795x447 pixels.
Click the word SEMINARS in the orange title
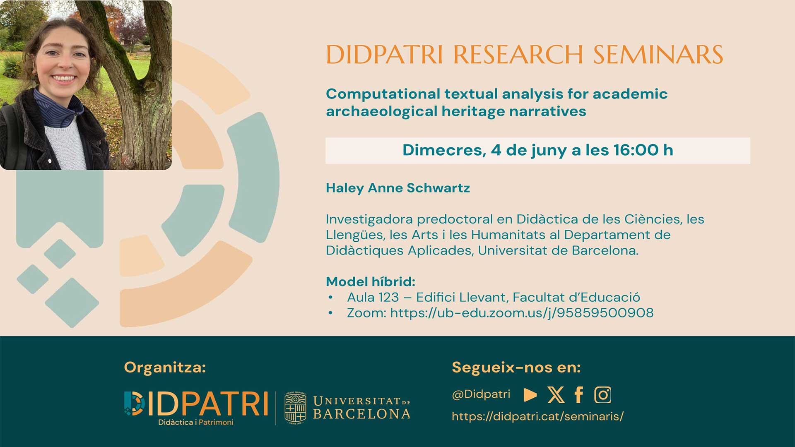point(658,55)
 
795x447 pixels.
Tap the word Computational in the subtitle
point(383,94)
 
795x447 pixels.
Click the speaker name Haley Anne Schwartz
point(398,188)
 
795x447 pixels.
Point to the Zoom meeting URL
point(522,313)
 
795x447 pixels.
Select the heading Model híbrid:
point(371,282)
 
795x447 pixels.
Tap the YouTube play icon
point(530,395)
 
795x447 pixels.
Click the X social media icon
point(556,395)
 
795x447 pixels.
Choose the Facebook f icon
point(579,394)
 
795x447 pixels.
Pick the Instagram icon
point(602,395)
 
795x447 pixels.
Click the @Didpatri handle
point(481,394)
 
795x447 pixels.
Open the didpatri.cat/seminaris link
point(537,416)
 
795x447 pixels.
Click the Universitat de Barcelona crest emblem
point(295,408)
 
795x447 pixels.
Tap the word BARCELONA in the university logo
point(361,414)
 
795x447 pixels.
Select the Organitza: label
point(165,368)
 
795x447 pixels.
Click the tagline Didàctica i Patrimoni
point(196,422)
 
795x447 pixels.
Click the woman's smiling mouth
point(63,78)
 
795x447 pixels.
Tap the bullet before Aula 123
point(330,297)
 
